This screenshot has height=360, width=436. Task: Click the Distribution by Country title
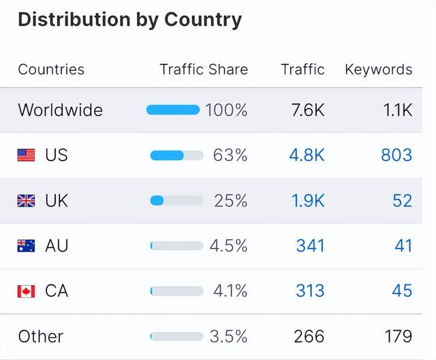(x=129, y=20)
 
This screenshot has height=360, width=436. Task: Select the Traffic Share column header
(x=204, y=70)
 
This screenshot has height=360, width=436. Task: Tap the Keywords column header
(x=378, y=70)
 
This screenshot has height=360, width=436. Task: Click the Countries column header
(x=51, y=70)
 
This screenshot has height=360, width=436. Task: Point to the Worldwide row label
(x=60, y=110)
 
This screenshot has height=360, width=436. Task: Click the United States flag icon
(x=26, y=155)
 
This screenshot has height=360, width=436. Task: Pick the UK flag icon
(x=26, y=200)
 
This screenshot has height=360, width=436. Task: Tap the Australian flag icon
(x=26, y=245)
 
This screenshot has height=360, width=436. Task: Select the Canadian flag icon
(x=26, y=291)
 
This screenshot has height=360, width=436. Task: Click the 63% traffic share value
(x=230, y=155)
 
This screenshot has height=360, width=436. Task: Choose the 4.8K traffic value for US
(x=307, y=155)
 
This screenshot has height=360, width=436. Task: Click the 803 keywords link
(x=396, y=155)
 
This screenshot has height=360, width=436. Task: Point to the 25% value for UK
(x=230, y=200)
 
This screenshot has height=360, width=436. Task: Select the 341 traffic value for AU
(x=310, y=245)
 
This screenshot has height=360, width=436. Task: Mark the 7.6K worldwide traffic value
(x=307, y=110)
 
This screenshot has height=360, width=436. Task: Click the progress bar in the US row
(x=176, y=155)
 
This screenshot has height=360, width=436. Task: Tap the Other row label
(x=40, y=336)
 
